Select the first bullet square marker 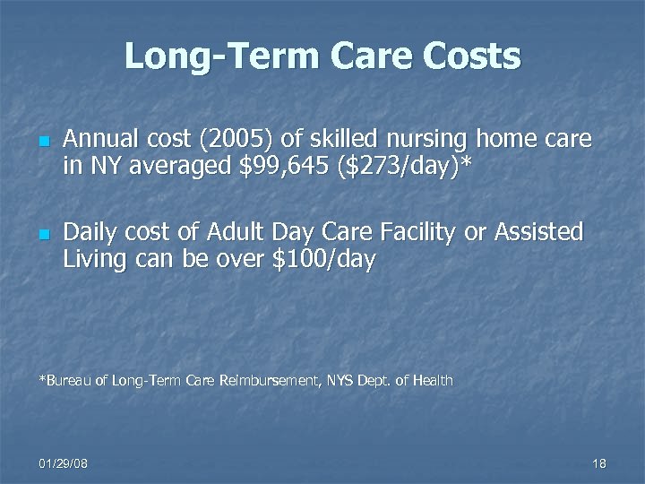[x=42, y=142]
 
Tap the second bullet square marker [x=42, y=235]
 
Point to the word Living [x=93, y=261]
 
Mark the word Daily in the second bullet [x=93, y=233]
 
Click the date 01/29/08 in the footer [x=64, y=463]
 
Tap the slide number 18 [x=599, y=463]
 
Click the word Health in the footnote [x=433, y=381]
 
